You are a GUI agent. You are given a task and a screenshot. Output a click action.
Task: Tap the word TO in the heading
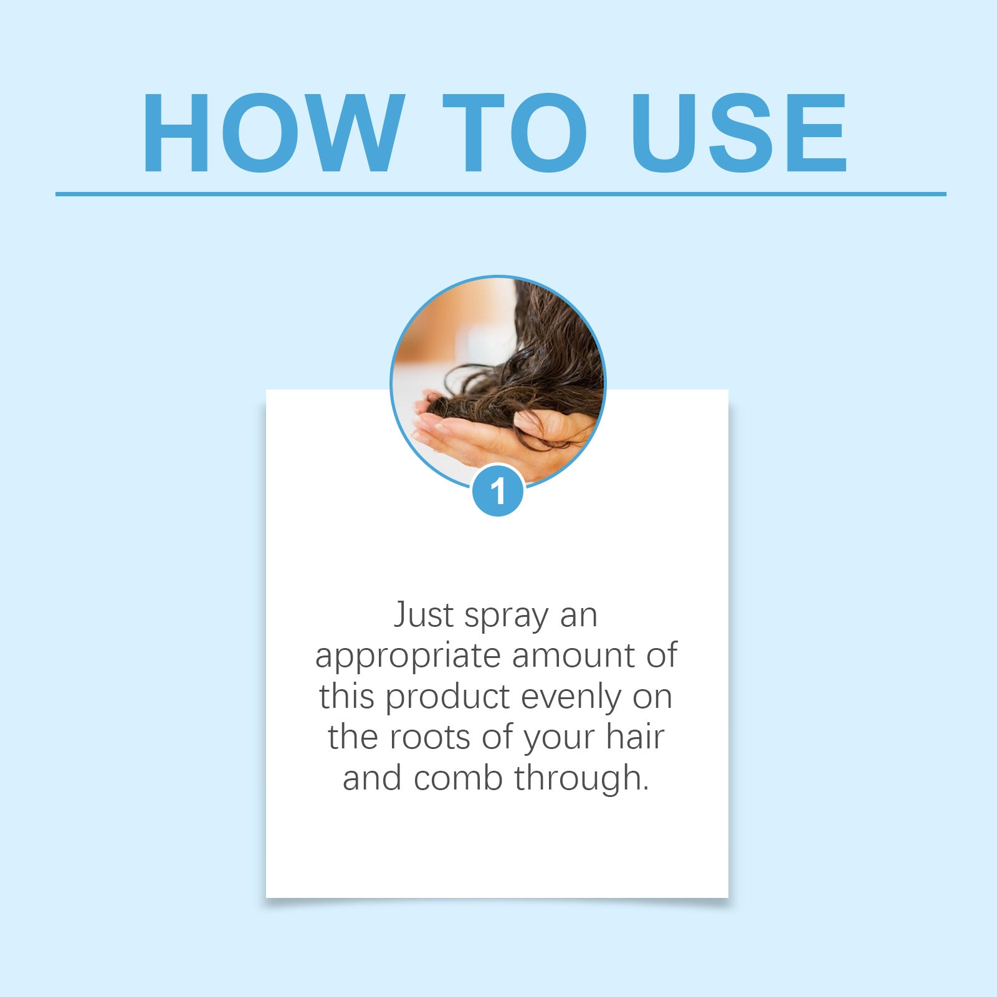(514, 133)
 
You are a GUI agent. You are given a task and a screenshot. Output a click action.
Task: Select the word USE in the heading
(738, 133)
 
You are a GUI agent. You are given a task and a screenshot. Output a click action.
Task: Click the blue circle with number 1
(497, 491)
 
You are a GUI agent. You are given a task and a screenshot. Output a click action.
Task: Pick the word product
(449, 698)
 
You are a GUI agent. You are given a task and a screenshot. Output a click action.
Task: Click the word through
(581, 780)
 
